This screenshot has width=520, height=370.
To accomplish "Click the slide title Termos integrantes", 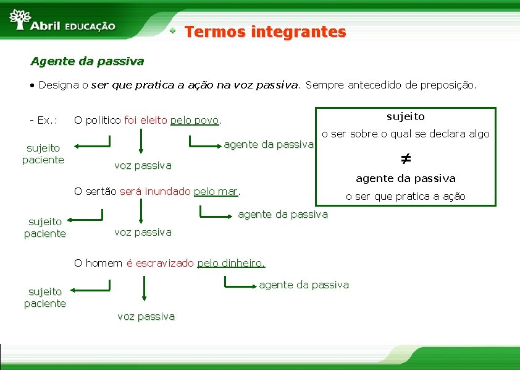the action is click(x=265, y=32).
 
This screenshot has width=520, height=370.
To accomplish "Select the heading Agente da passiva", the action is click(x=87, y=61).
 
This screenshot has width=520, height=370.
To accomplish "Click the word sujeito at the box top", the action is click(x=406, y=116).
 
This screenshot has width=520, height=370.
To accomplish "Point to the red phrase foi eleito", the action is click(x=146, y=120).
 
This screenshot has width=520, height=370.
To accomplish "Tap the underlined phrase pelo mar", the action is click(x=216, y=191).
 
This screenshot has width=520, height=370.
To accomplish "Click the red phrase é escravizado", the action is click(x=159, y=263).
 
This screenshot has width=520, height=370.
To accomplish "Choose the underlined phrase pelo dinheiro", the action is click(x=231, y=263).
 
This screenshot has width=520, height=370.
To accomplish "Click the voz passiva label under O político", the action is click(x=143, y=165).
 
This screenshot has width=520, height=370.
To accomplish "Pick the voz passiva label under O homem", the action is click(x=146, y=316).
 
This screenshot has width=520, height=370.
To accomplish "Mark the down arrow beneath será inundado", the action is click(x=141, y=210).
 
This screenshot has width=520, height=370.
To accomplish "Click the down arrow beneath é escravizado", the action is click(x=144, y=290).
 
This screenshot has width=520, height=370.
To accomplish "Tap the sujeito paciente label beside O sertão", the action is click(x=44, y=228).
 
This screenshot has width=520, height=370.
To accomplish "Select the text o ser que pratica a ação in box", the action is click(x=405, y=196).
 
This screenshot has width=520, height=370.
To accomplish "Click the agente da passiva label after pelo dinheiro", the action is click(x=304, y=285).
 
